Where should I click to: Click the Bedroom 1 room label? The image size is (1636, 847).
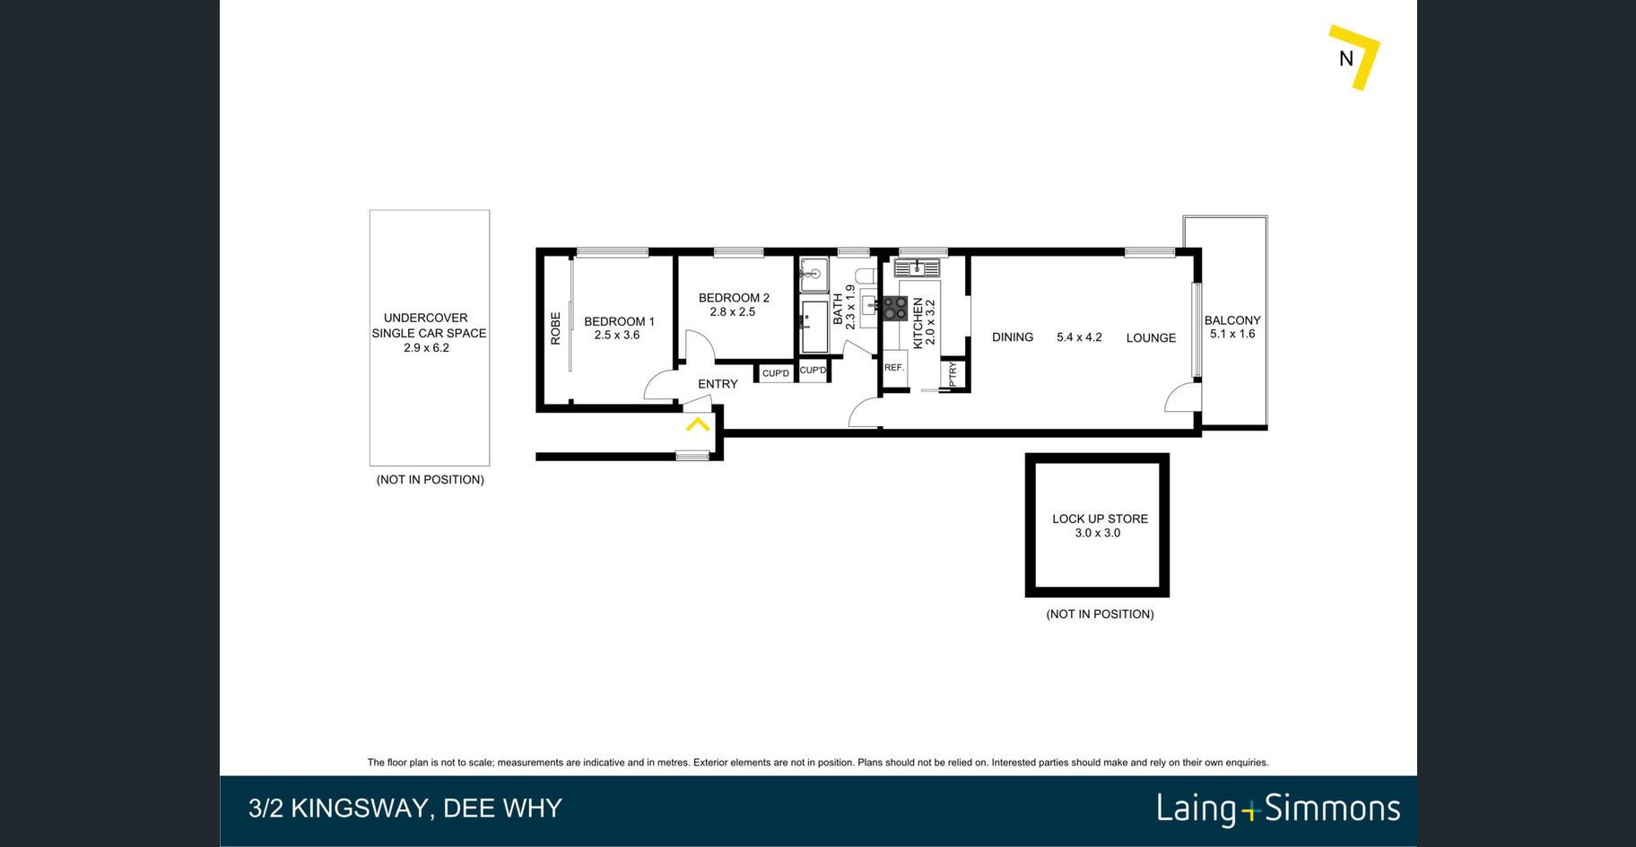pos(619,321)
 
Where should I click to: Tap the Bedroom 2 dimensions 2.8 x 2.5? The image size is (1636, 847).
pos(733,312)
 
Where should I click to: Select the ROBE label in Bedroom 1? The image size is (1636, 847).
pos(555,328)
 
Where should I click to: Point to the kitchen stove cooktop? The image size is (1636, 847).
pos(895,308)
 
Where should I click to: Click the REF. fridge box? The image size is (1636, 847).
pos(894,368)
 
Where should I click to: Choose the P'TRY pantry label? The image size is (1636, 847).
pos(953,374)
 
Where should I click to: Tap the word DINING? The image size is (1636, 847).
pos(1013,337)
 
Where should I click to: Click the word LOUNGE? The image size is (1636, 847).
pos(1151,338)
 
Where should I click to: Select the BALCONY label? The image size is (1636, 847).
pos(1232,320)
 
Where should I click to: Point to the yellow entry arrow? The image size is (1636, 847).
pos(698,423)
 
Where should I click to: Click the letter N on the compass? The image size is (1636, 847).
pos(1345,58)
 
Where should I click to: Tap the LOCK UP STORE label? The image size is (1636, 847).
pos(1100,519)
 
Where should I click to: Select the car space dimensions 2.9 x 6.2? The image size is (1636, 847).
pos(427,348)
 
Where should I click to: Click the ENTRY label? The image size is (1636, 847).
pos(718,384)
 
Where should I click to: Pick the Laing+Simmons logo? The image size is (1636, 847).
pos(1278,808)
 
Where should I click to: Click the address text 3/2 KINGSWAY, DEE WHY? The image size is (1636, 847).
pos(405,808)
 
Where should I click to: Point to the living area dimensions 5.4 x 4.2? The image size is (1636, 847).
pos(1079,337)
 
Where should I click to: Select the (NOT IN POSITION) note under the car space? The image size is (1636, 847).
pos(431,480)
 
